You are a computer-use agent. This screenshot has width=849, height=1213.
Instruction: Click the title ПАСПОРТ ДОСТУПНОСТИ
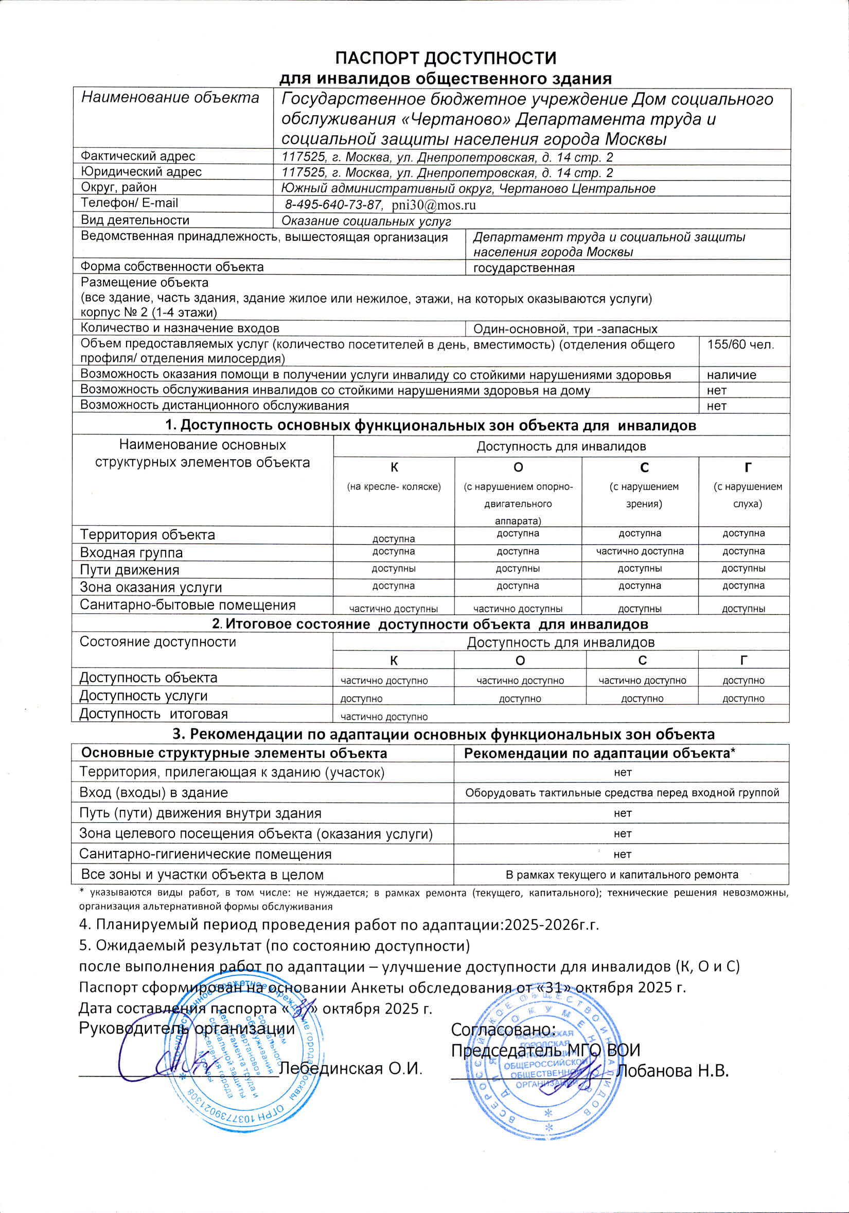446,58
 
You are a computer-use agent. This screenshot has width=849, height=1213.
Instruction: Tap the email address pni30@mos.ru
433,205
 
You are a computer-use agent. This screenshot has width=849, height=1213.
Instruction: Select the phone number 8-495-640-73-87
332,205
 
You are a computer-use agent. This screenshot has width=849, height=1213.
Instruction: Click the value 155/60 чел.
740,345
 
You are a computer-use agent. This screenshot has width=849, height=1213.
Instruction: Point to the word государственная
523,268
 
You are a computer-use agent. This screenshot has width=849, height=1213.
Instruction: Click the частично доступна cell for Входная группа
640,551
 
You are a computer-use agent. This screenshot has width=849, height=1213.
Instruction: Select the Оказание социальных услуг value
366,221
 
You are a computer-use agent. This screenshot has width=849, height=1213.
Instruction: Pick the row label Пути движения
129,570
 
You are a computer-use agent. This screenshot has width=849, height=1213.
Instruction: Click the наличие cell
731,375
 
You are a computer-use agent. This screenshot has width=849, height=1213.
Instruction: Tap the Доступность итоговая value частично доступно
384,717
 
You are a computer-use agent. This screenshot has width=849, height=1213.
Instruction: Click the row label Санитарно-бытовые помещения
187,605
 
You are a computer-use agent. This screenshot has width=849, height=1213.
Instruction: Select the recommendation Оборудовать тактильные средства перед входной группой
622,792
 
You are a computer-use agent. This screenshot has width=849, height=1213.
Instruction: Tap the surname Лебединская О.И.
350,1068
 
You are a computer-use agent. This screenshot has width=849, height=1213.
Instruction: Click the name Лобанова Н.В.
673,1070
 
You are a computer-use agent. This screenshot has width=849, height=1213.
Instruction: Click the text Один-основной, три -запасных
565,329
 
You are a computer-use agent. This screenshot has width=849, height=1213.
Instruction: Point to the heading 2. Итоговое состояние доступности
430,624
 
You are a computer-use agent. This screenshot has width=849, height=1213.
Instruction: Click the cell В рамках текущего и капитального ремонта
622,874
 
